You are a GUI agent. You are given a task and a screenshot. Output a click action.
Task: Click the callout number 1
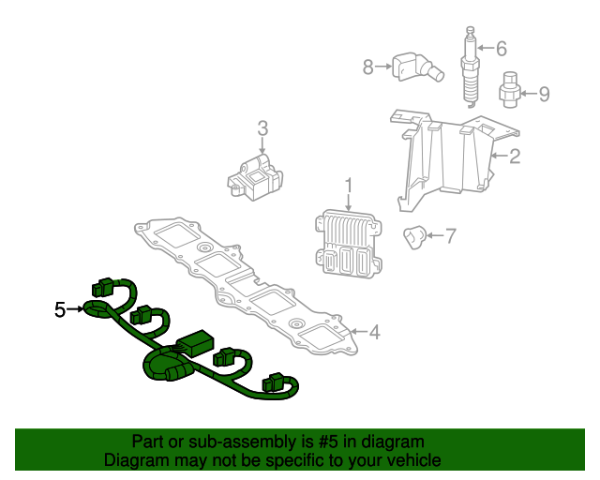coord(349,185)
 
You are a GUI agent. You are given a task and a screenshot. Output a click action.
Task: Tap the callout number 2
coord(514,157)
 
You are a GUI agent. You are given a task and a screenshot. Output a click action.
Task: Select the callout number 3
coord(263,128)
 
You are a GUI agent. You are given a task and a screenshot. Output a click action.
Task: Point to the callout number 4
coord(374,332)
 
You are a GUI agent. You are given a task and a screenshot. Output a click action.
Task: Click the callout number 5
coord(60,308)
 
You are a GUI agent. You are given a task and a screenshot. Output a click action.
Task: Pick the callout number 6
coord(501,48)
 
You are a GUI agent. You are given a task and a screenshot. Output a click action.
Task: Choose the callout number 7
coord(450,236)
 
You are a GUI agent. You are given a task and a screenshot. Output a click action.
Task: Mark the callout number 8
coord(368,66)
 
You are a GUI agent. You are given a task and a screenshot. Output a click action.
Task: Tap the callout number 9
coord(543,93)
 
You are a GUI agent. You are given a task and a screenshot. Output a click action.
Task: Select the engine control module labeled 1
coord(347,242)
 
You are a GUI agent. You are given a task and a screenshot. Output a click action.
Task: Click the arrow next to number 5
coord(76,308)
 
